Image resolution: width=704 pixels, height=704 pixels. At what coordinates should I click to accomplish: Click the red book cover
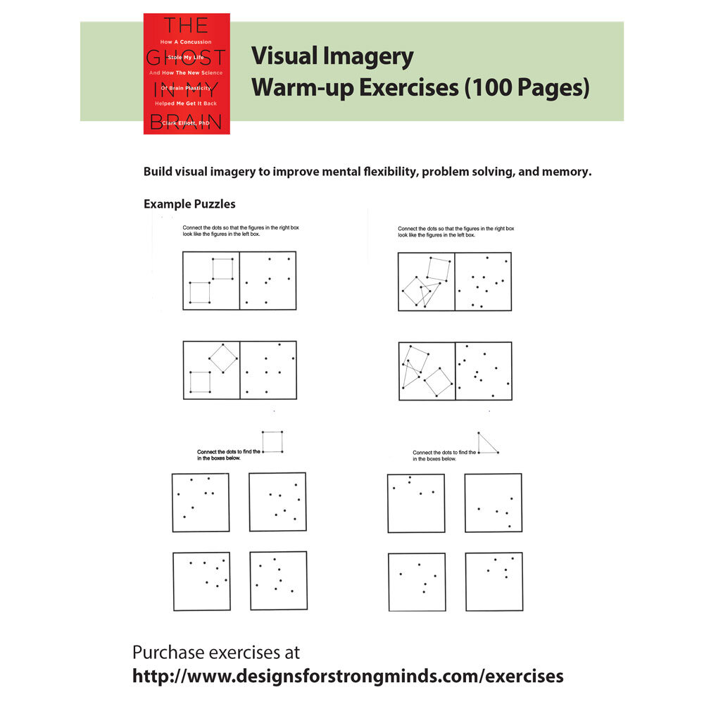(187, 73)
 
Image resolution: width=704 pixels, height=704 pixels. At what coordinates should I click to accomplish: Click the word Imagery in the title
(371, 56)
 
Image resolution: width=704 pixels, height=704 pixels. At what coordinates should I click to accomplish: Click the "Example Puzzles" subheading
(189, 204)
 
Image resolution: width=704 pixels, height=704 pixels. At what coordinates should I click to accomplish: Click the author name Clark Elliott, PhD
(186, 123)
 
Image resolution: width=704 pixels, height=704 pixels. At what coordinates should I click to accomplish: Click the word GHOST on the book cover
(187, 58)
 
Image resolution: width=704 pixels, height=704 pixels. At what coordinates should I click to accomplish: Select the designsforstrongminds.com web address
(348, 677)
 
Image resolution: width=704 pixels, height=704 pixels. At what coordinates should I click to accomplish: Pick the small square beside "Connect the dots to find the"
(272, 442)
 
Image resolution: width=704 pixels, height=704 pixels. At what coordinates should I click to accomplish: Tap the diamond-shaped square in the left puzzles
(222, 358)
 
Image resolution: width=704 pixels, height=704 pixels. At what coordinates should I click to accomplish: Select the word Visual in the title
(282, 56)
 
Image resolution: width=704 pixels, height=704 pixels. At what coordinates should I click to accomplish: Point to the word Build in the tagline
(158, 172)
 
